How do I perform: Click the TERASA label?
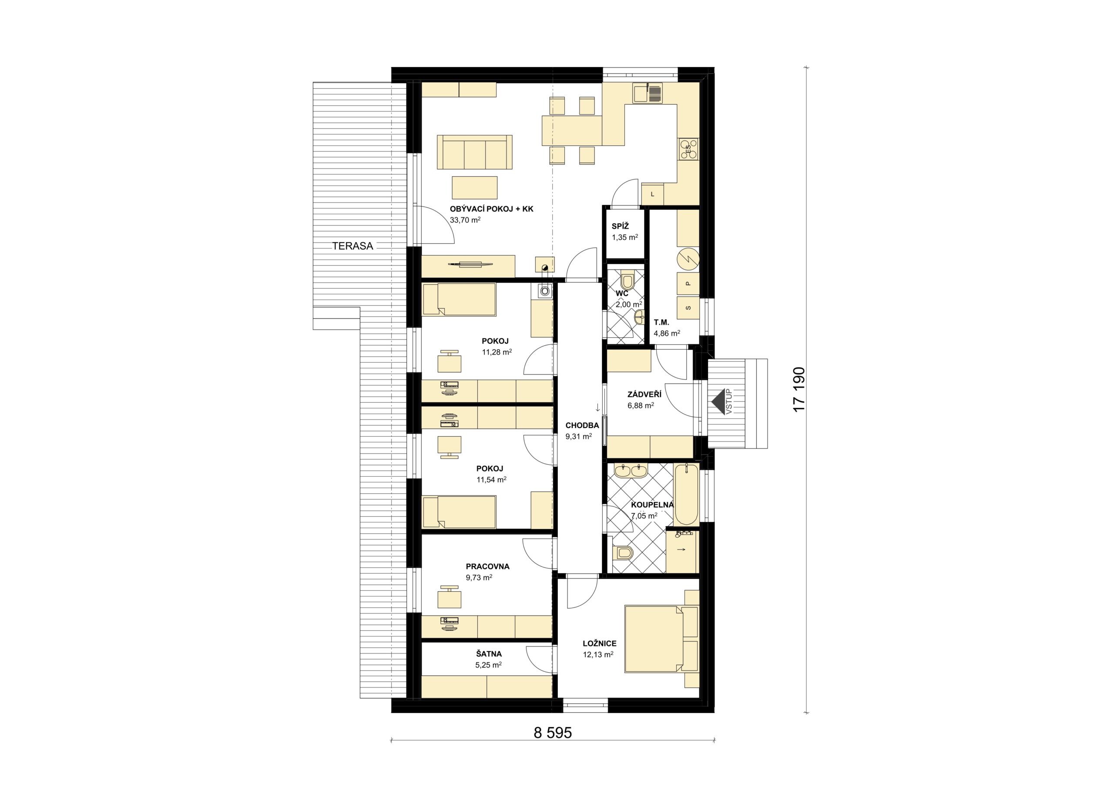(353, 246)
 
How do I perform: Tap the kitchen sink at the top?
(647, 93)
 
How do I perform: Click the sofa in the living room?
(474, 152)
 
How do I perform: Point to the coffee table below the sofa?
(474, 187)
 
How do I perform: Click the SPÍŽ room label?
(620, 226)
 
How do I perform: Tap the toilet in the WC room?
(627, 280)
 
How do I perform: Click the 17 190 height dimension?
(798, 389)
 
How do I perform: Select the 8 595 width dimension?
(553, 733)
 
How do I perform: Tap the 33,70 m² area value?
(125, 220)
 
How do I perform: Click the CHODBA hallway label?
(582, 425)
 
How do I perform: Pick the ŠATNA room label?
(489, 654)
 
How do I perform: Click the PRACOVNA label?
(488, 566)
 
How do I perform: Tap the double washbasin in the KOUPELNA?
(630, 470)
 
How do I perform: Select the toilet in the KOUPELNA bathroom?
(624, 552)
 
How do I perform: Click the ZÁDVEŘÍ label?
(644, 394)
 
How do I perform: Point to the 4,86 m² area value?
(667, 333)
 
